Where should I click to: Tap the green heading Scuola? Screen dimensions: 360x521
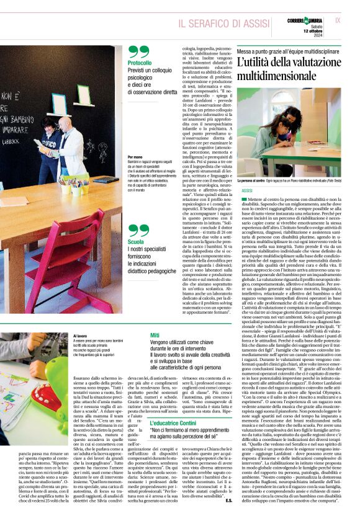135,242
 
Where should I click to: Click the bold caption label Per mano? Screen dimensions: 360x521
135,158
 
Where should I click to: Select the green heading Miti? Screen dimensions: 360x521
155,335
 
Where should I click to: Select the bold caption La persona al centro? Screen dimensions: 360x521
254,180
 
